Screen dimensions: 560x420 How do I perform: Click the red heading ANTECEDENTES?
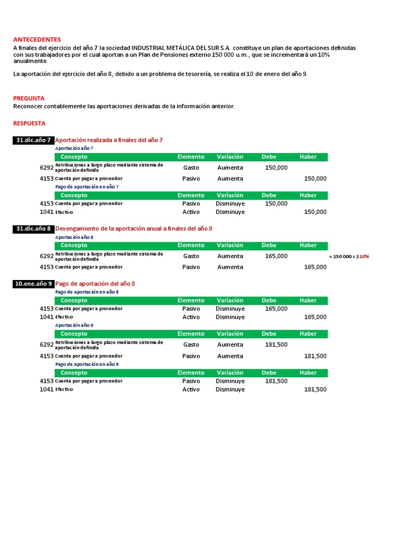click(37, 39)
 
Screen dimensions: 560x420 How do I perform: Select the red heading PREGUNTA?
click(29, 98)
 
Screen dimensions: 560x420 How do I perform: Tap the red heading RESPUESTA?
click(30, 123)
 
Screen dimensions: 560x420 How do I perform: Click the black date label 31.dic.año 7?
click(33, 140)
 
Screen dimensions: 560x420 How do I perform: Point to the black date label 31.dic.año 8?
click(33, 229)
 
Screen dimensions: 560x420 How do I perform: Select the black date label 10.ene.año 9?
click(33, 284)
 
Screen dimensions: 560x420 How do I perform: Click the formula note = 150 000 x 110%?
click(349, 256)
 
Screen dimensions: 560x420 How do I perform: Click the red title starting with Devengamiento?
click(134, 229)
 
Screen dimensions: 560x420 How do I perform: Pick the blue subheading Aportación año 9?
click(74, 325)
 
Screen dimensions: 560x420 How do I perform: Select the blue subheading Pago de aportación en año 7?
click(87, 187)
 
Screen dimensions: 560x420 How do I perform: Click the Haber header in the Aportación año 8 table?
click(308, 246)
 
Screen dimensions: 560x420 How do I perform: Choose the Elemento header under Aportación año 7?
click(191, 157)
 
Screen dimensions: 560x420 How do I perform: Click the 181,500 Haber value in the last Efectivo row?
click(315, 389)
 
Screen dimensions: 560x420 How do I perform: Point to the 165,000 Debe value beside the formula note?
click(276, 256)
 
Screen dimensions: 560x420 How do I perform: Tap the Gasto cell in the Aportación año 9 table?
click(191, 345)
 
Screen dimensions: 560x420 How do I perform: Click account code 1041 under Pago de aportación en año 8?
click(46, 317)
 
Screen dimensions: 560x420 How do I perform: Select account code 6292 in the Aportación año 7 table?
click(46, 167)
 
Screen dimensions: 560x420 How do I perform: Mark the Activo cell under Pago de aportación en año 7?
click(191, 212)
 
